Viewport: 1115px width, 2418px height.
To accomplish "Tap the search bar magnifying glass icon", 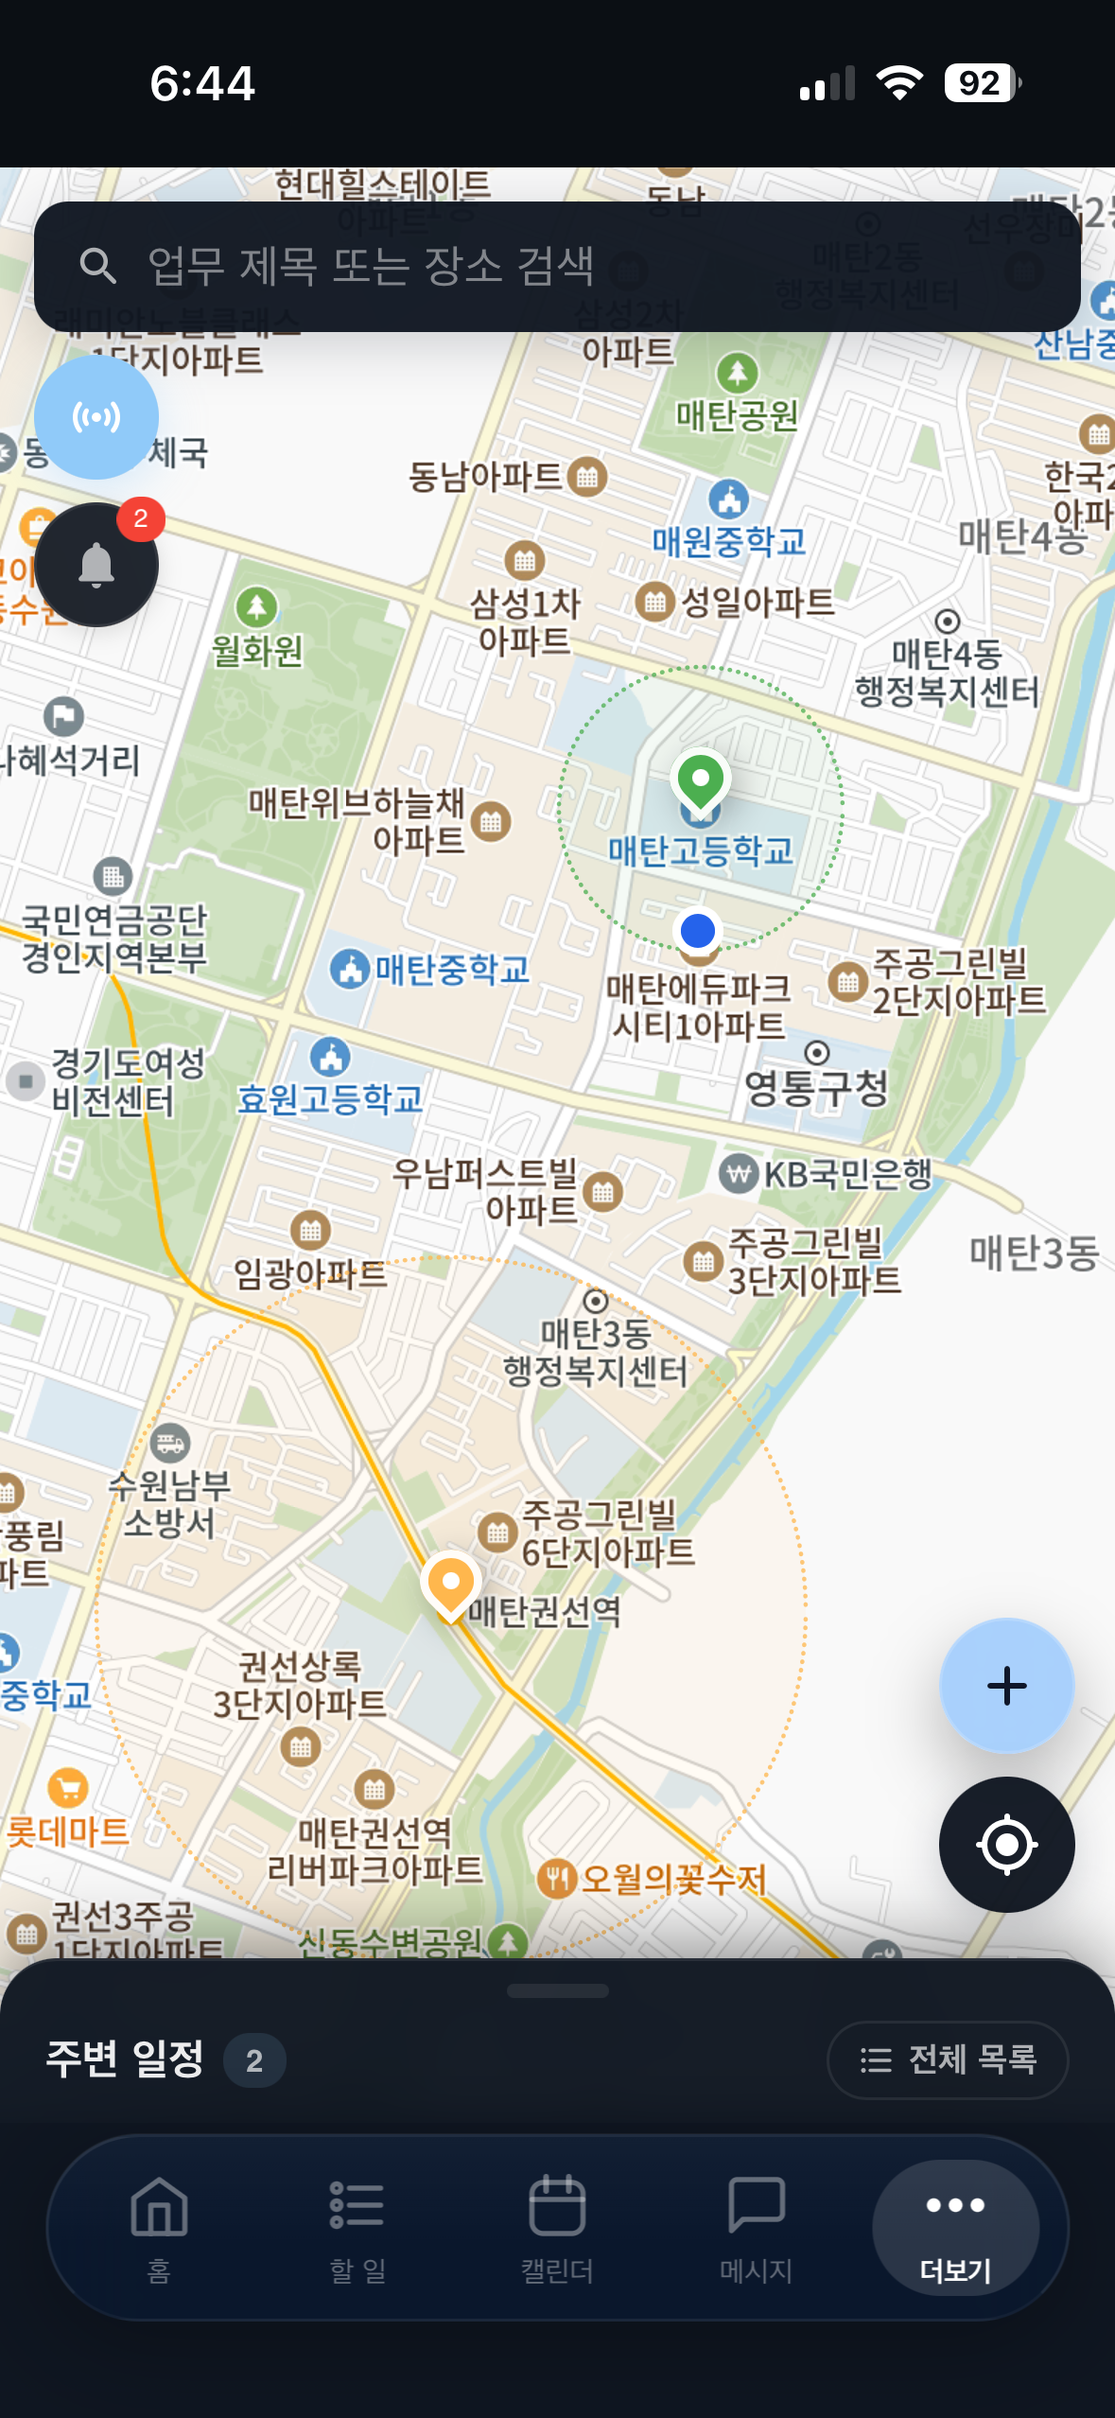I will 97,266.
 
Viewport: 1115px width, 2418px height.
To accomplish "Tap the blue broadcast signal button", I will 96,417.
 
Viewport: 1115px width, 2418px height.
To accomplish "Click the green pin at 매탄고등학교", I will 700,781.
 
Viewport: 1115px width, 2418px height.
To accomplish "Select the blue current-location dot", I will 698,931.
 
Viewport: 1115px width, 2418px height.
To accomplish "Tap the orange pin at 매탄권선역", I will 451,1583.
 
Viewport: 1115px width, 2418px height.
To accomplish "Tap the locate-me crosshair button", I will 1006,1844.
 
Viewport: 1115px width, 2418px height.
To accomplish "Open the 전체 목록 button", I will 948,2059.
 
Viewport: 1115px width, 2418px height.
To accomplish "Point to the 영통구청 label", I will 817,1087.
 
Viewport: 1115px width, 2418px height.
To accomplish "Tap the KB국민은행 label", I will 847,1174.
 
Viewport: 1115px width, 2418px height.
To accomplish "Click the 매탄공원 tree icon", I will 738,373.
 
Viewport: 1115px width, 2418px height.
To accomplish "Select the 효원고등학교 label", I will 329,1098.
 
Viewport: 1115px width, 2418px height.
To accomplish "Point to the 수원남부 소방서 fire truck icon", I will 170,1444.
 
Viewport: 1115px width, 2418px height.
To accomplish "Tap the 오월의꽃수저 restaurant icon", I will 557,1878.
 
